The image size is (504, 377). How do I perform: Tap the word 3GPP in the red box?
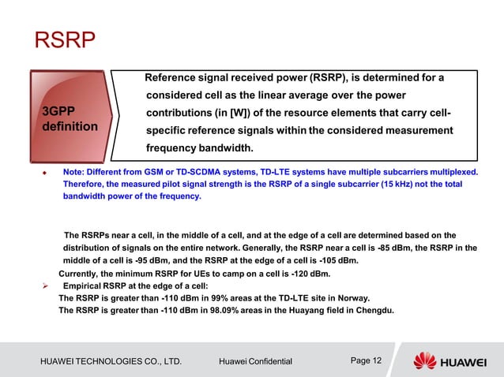pyautogui.click(x=62, y=111)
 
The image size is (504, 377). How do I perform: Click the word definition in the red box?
pyautogui.click(x=70, y=126)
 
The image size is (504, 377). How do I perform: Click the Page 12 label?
pyautogui.click(x=366, y=360)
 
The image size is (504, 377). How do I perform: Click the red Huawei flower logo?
pyautogui.click(x=424, y=360)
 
